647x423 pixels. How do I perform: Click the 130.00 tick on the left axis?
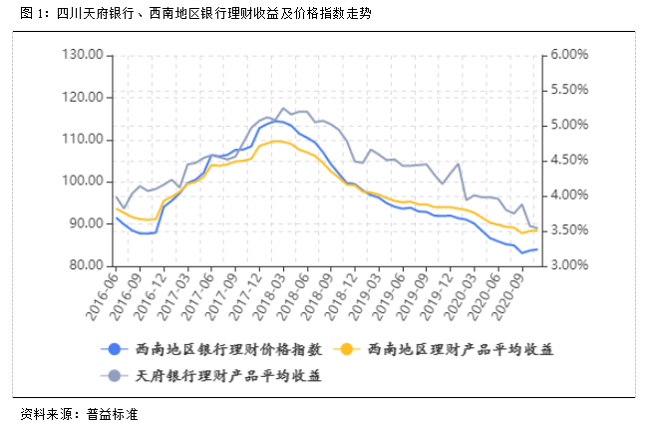click(85, 54)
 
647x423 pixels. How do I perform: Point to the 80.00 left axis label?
click(88, 265)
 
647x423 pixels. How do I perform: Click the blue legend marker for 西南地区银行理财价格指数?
click(115, 348)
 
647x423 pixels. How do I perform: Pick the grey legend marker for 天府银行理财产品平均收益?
click(115, 376)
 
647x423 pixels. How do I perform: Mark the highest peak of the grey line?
click(283, 108)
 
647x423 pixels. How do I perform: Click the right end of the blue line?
click(537, 249)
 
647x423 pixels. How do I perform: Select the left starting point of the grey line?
click(116, 197)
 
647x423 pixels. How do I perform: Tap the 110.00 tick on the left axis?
click(85, 139)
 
